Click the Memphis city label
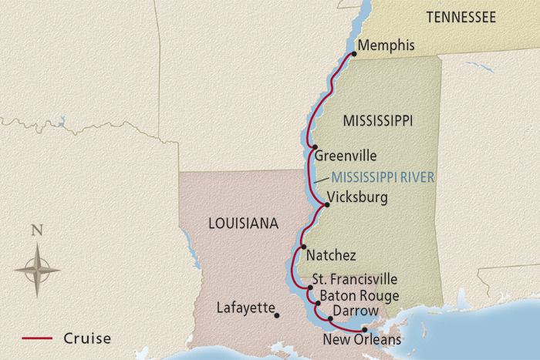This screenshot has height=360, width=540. [x=387, y=46]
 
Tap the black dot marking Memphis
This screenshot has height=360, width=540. [x=354, y=54]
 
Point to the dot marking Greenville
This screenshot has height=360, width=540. [x=315, y=147]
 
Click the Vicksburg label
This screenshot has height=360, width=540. [x=357, y=197]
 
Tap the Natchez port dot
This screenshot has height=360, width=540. [x=303, y=247]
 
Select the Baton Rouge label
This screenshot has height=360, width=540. [x=359, y=296]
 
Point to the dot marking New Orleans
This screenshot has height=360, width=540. [x=365, y=330]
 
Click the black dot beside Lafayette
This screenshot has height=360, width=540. [x=277, y=315]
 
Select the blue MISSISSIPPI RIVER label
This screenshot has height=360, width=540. [x=380, y=177]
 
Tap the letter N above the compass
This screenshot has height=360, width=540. [x=36, y=230]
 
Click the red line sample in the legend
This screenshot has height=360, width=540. [x=37, y=338]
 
